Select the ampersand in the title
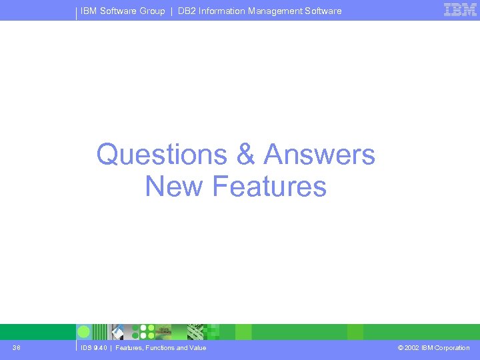[245, 155]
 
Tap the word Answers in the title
[319, 155]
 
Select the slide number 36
[16, 347]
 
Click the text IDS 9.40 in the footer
[93, 348]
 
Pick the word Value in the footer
[197, 348]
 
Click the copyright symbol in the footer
[400, 348]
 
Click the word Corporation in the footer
[451, 348]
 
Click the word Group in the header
[152, 11]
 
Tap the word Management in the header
[271, 11]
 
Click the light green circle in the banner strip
[84, 332]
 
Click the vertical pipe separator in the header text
[171, 11]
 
